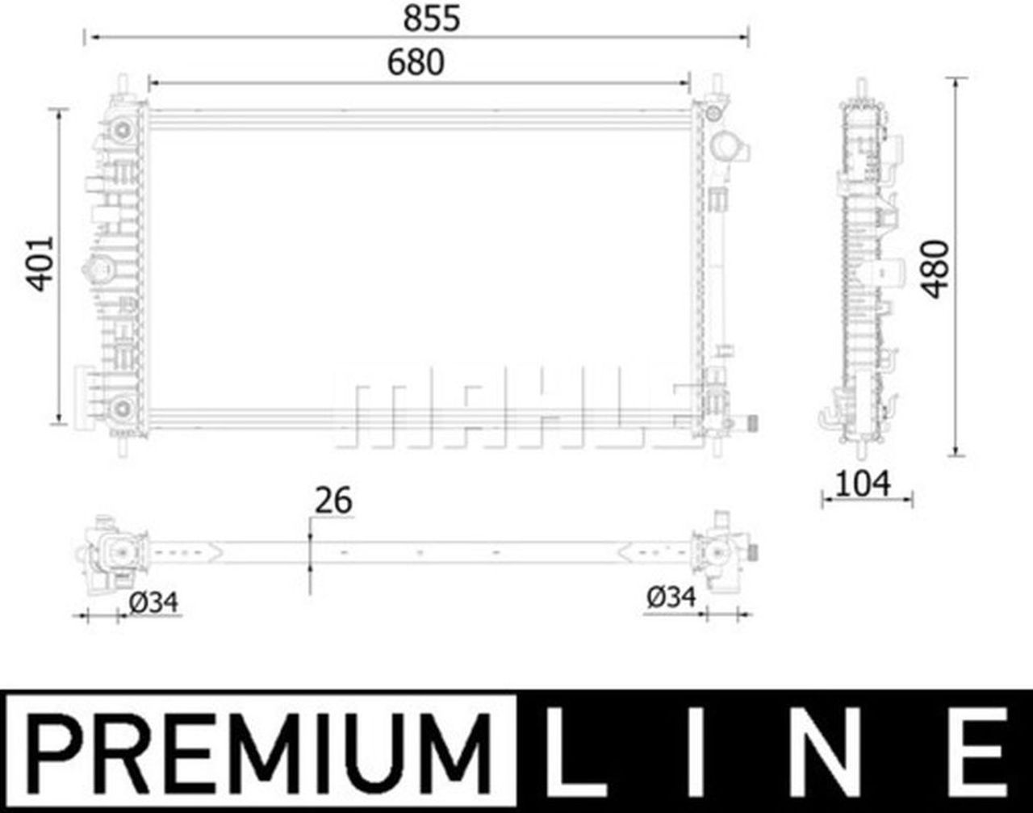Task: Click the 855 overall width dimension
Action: tap(432, 18)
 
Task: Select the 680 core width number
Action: tap(415, 62)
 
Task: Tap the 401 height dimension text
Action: tap(40, 263)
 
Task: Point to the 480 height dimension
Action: tap(936, 269)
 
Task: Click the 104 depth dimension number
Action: tap(863, 484)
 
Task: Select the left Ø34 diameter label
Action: tap(153, 600)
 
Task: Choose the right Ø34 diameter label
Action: tap(671, 598)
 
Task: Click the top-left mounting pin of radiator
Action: tap(123, 84)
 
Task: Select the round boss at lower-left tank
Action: tap(121, 409)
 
